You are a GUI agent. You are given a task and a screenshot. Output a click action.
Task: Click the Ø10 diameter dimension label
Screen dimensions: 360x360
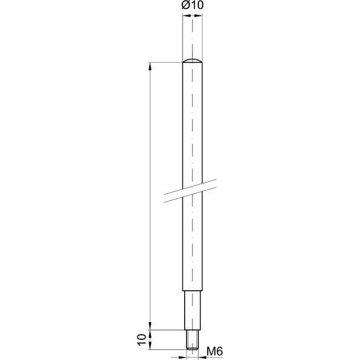coord(192,5)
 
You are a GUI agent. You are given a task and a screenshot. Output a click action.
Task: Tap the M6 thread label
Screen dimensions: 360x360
coord(215,352)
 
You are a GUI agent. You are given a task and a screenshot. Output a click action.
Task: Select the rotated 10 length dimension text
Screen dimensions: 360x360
coord(142,340)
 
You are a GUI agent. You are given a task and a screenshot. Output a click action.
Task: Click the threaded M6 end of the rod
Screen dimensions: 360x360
coord(192,340)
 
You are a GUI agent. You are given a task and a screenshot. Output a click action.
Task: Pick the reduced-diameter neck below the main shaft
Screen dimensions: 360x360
coord(192,310)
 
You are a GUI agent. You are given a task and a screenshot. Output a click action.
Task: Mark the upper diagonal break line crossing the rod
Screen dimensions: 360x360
coord(190,188)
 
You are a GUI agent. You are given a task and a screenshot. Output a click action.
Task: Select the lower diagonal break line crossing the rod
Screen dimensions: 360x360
coord(190,195)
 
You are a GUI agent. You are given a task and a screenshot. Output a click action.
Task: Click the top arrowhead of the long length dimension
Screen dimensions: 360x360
coord(150,66)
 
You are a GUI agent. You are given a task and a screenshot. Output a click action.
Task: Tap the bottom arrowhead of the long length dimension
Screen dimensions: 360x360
coord(150,326)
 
